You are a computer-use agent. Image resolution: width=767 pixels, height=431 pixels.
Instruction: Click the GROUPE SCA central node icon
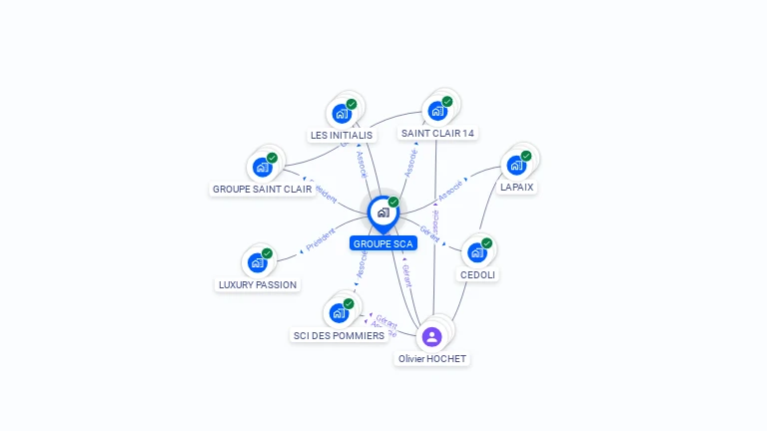coord(383,213)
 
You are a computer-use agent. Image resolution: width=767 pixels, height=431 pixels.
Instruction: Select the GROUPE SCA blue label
coord(383,243)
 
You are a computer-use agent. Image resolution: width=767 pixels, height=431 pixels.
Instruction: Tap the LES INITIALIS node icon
coord(342,113)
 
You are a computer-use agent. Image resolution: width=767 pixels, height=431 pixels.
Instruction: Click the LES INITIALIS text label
coord(342,135)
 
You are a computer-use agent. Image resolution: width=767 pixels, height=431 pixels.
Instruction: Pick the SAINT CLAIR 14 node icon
coord(436,111)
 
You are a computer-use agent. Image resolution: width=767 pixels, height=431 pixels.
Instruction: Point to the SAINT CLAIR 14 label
coord(437,133)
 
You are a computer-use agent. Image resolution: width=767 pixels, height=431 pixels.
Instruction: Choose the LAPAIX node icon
coord(516,165)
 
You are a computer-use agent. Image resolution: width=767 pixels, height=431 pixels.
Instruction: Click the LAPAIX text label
coord(517,187)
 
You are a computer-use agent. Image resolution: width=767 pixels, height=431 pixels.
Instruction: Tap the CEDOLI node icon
coord(476,252)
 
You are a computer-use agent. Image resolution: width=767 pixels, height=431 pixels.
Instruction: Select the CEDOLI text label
coord(478,274)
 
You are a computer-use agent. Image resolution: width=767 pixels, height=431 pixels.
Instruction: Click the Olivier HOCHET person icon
coord(431,337)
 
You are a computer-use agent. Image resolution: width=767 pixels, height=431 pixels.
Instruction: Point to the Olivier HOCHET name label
coord(432,358)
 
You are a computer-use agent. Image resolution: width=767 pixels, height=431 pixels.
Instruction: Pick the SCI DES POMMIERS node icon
coord(339,313)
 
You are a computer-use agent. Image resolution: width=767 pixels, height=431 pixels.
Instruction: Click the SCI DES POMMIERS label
coord(339,335)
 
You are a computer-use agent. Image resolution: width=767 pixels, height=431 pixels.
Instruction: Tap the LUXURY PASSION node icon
coord(257,263)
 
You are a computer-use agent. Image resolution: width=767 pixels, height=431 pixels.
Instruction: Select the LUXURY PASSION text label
coord(258,284)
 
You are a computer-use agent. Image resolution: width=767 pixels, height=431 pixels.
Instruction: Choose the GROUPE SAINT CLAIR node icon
coord(262,167)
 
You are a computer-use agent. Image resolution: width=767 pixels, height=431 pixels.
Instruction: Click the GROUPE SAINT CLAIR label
coord(263,189)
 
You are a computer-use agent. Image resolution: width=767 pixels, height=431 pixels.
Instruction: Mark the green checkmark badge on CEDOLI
coord(486,242)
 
